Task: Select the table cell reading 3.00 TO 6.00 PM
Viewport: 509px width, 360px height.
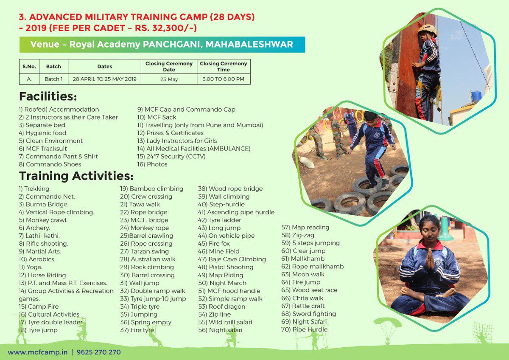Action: pos(223,79)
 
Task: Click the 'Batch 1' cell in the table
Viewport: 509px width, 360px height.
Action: pos(53,79)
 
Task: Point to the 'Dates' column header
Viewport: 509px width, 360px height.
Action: pos(104,67)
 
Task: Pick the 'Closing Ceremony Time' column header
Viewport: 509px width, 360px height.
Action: pos(223,67)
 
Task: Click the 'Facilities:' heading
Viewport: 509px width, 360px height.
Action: pos(48,96)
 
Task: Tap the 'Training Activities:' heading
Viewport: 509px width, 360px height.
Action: pos(76,175)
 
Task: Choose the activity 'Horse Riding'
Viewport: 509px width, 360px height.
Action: pos(43,275)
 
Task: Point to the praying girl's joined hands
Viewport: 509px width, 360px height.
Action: pos(429,260)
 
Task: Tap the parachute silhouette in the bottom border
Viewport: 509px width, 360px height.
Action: pos(387,325)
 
